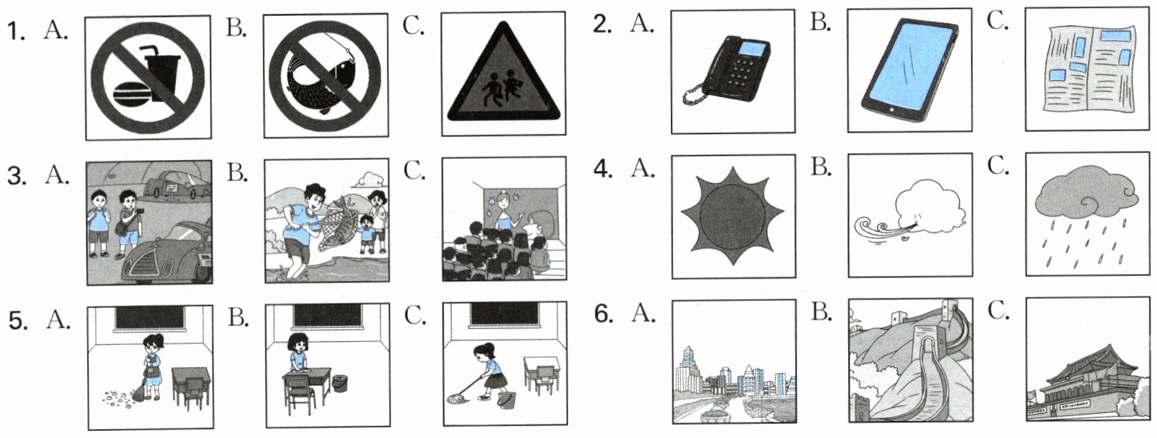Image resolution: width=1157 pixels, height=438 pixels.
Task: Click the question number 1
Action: point(14,30)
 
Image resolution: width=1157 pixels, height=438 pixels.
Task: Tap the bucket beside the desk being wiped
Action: point(339,384)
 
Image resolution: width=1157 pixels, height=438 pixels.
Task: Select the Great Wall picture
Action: point(910,363)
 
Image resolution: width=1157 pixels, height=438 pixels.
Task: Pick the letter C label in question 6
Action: point(997,312)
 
